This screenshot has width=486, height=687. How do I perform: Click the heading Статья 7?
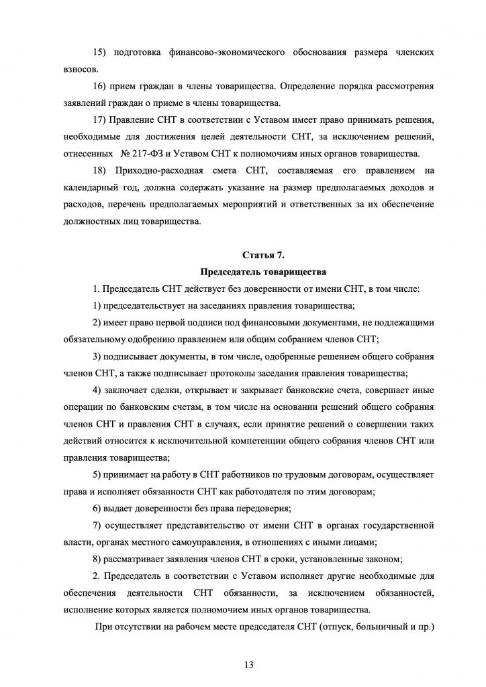[262, 255]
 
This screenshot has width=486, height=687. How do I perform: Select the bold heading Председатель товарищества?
[262, 272]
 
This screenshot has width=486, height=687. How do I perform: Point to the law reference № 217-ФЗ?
[142, 154]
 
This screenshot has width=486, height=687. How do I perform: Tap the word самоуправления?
[203, 543]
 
